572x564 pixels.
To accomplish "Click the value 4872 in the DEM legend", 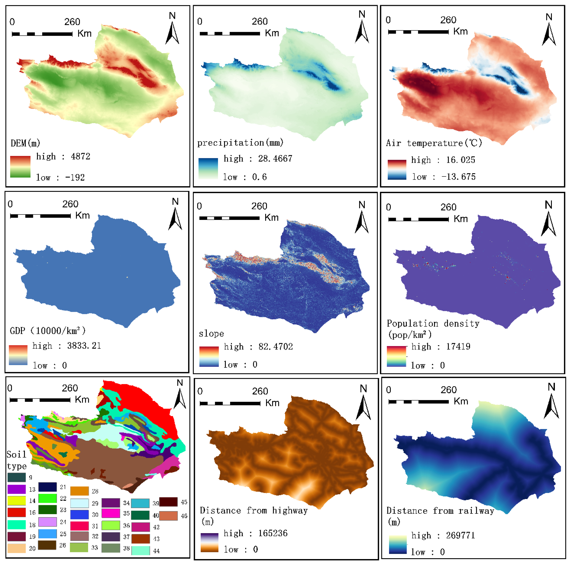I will click(x=80, y=156).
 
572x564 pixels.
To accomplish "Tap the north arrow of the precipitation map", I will click(x=362, y=32).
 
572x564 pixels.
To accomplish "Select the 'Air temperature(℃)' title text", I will click(x=434, y=143).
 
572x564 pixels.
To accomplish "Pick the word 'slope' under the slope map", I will click(x=211, y=334).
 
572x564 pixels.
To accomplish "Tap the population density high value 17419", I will click(x=458, y=346).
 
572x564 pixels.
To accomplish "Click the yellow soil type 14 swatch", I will click(x=16, y=501).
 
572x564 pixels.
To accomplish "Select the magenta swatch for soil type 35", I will click(x=111, y=513).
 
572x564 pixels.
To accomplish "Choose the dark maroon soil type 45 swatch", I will click(x=168, y=502).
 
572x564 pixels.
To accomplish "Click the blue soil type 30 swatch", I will click(x=79, y=514).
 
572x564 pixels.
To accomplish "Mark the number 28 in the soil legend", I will click(x=95, y=491).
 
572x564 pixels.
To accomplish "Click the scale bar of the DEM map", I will click(x=42, y=34).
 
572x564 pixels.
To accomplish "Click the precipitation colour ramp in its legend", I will click(x=208, y=169).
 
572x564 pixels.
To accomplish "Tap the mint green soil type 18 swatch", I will click(x=16, y=525).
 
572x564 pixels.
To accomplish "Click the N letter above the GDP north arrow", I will click(x=175, y=202).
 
